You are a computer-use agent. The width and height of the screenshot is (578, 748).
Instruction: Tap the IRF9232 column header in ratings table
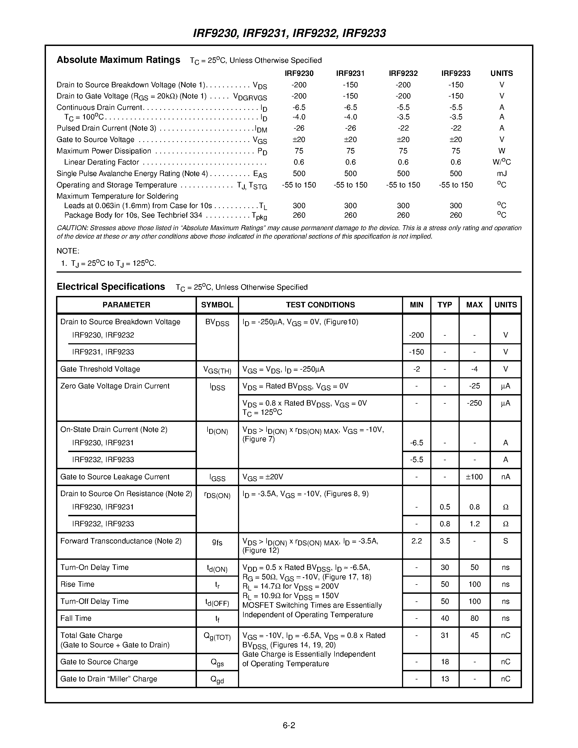(x=403, y=73)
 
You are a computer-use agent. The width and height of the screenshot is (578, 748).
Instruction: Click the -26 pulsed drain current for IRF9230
(x=299, y=128)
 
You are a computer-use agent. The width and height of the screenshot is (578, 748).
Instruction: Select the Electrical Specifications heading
(x=111, y=287)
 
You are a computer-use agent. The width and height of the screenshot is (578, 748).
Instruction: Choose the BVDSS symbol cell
(x=217, y=323)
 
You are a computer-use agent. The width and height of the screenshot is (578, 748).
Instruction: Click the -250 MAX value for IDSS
(x=474, y=403)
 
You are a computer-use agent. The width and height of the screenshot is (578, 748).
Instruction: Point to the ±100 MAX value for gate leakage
(x=474, y=477)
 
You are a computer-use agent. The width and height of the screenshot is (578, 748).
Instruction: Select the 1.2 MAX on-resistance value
(x=474, y=524)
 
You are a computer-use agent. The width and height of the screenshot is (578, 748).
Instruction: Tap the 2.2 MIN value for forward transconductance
(x=416, y=541)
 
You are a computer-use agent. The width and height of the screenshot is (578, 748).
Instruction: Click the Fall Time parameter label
(x=76, y=618)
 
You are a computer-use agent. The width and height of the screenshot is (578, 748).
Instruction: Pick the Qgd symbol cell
(x=217, y=679)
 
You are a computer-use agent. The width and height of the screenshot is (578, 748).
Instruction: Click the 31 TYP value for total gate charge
(x=444, y=635)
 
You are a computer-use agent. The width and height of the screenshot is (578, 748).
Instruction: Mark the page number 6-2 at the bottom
(x=289, y=725)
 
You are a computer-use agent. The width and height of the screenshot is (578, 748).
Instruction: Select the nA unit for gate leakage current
(x=505, y=477)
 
